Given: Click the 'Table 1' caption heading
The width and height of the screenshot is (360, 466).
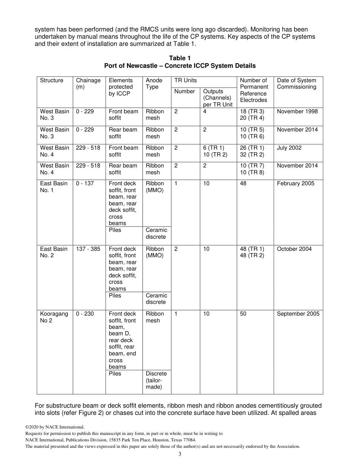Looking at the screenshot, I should (180, 58).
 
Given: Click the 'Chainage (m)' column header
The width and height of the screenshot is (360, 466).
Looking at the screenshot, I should (88, 83).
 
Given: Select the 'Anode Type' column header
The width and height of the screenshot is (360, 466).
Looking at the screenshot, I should (154, 83).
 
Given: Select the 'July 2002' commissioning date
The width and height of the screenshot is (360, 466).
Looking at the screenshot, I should (289, 148).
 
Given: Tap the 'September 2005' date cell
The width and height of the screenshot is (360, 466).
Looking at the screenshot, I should (298, 314).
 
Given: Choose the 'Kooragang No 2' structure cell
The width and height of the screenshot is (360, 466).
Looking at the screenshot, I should (54, 317).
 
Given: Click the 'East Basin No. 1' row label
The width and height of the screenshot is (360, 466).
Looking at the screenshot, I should (54, 187).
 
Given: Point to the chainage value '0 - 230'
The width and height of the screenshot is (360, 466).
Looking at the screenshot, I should (85, 314).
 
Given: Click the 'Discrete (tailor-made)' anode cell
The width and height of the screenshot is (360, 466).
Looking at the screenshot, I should (156, 380).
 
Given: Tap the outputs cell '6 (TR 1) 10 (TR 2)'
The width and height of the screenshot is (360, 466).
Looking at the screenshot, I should (215, 151).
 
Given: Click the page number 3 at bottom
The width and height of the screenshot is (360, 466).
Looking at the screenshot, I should (180, 454).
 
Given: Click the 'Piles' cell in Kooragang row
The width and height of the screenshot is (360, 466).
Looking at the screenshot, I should (115, 374).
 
